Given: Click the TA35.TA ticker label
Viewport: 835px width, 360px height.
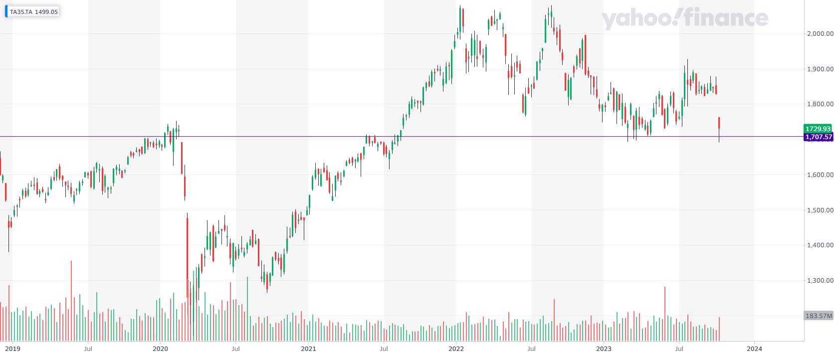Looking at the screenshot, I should coord(21,11).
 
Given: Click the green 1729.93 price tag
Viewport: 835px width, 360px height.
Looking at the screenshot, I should coord(818,129).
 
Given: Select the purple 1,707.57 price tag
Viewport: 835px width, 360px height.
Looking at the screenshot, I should coord(818,137).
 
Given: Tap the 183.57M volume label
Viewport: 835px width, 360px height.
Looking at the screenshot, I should coord(819,316).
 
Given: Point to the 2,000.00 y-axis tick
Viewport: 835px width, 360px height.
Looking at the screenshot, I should coord(820,33).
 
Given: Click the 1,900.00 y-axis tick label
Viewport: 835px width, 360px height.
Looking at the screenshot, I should coord(820,69).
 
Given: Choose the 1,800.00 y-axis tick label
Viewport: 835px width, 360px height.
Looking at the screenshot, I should coord(820,104).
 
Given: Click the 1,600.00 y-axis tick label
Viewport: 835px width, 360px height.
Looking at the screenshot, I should coord(820,175).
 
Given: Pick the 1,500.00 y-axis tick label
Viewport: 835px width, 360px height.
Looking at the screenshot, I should coord(820,210).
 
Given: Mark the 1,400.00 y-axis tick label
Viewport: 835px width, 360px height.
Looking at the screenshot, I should coord(820,245).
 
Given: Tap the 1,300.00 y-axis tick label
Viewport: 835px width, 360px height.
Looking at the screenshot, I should coord(820,281).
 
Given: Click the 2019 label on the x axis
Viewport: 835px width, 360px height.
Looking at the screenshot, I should coord(12,349).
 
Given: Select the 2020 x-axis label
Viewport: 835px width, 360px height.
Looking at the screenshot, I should coord(160,349).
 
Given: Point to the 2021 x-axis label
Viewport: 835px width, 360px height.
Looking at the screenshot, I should coord(308,349).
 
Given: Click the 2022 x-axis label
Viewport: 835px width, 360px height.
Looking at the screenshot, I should coord(456,349).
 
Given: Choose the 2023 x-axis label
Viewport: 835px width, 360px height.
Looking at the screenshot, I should coord(604,349).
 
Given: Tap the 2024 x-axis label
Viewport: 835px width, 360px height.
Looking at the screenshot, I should coord(754,349).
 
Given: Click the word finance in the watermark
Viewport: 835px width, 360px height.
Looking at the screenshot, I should coord(726,19).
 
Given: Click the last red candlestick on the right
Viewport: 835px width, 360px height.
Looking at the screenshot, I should coord(719,123).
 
